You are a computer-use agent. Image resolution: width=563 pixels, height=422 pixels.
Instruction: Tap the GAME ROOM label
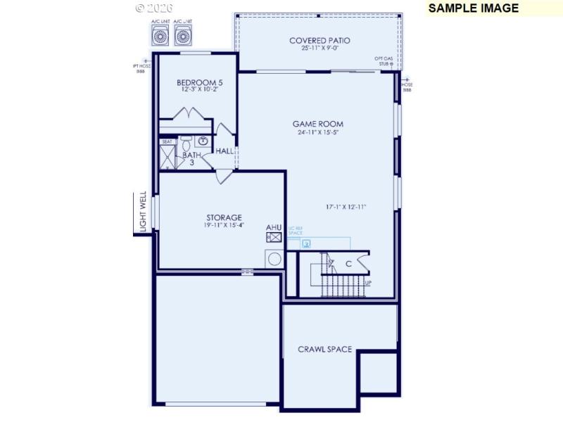tap(318, 124)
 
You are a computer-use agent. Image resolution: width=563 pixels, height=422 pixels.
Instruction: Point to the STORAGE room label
tap(224, 217)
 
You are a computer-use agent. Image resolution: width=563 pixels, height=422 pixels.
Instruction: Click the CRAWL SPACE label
tap(324, 350)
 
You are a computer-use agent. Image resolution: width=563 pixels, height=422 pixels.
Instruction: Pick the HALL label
tap(225, 151)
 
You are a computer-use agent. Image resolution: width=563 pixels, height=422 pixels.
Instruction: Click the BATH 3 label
tap(191, 158)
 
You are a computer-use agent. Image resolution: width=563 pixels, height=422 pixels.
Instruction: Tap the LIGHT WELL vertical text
tap(143, 212)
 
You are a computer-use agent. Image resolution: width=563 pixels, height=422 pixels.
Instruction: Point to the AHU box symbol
tap(274, 238)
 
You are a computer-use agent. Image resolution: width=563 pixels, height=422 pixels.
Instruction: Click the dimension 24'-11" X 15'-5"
tap(318, 132)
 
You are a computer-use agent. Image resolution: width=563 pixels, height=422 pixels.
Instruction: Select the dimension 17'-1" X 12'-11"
tap(346, 207)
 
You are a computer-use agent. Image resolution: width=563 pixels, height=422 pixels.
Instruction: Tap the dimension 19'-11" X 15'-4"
tap(224, 225)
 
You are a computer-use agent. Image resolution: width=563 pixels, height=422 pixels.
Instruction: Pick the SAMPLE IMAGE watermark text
tap(474, 8)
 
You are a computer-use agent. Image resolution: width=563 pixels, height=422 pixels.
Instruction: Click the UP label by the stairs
tap(368, 283)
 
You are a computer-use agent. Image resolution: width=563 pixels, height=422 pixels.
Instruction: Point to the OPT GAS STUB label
tap(384, 61)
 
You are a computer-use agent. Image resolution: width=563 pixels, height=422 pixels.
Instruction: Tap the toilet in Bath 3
tap(186, 143)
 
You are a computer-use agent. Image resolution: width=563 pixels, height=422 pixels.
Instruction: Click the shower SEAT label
tap(167, 142)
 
